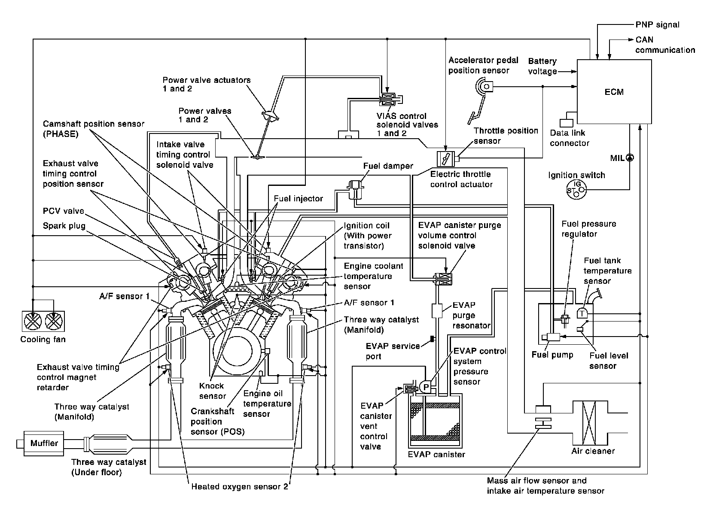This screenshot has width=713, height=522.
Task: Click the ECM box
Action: coord(614,91)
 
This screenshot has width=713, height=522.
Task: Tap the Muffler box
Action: coord(44,443)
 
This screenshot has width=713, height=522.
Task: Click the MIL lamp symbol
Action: coord(630,158)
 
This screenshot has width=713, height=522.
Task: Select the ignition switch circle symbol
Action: coord(576,190)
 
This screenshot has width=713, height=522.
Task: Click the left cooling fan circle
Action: coord(33,321)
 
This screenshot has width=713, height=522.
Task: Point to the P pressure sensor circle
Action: coord(426,387)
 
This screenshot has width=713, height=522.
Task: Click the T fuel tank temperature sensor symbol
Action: coord(582,313)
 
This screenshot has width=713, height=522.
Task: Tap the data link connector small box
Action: coord(566,123)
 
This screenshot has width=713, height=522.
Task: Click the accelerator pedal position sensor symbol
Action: coord(484,86)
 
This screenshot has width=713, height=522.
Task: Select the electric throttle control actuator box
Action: coord(446,158)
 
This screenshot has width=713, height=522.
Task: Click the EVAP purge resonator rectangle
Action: coord(437,311)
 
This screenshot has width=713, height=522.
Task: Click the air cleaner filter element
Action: coord(589,423)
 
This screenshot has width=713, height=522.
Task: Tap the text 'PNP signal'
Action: coord(657,24)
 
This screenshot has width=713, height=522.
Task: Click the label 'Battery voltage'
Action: coord(542,66)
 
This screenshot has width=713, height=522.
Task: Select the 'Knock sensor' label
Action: coord(212,391)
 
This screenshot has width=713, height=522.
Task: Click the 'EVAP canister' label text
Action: coord(436,454)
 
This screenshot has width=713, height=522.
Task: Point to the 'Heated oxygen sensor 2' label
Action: coord(239,486)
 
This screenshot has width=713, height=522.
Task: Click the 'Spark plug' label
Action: coord(64,226)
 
